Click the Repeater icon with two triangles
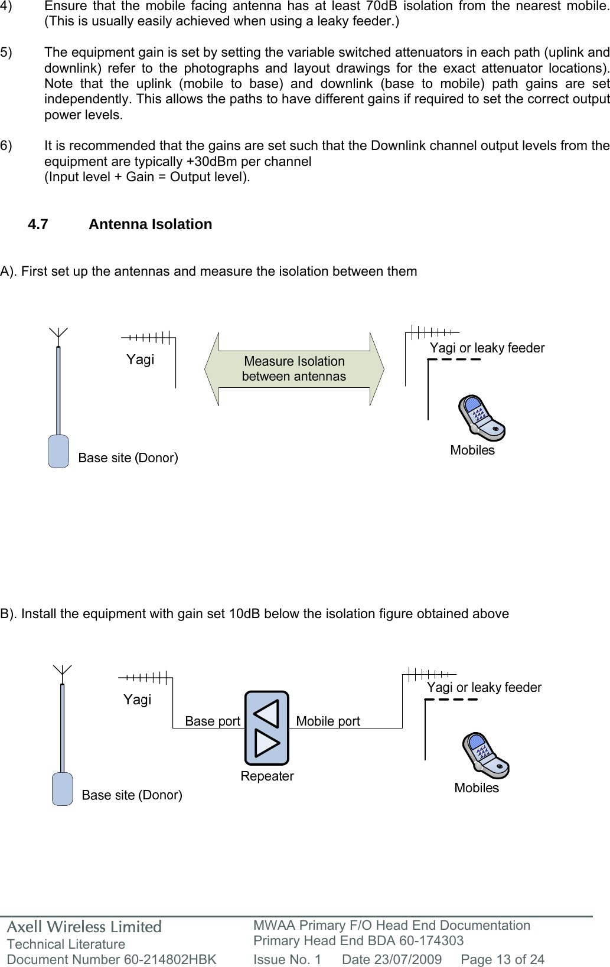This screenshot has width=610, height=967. click(x=266, y=728)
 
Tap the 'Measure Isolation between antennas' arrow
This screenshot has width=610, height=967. click(x=294, y=369)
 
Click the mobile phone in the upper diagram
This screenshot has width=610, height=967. click(x=481, y=418)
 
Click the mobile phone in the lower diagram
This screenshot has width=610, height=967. click(x=485, y=756)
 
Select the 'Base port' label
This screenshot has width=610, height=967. click(x=213, y=721)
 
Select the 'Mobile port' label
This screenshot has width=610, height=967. click(x=328, y=721)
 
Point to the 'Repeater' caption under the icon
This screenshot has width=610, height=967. click(x=267, y=776)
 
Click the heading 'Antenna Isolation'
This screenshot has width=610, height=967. click(x=150, y=224)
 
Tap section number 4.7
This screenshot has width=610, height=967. click(x=38, y=224)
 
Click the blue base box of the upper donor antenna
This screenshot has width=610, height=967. click(x=58, y=452)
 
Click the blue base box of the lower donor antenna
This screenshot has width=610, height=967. click(x=62, y=789)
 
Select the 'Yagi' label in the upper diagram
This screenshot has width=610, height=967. click(x=140, y=360)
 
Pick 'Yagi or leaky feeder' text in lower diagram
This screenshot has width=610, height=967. click(x=484, y=687)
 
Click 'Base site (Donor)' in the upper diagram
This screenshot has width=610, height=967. click(x=128, y=458)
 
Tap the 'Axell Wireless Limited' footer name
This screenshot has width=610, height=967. click(x=84, y=927)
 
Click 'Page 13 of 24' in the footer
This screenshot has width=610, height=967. click(x=503, y=959)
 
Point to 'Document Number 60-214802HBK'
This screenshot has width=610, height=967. click(x=112, y=959)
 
